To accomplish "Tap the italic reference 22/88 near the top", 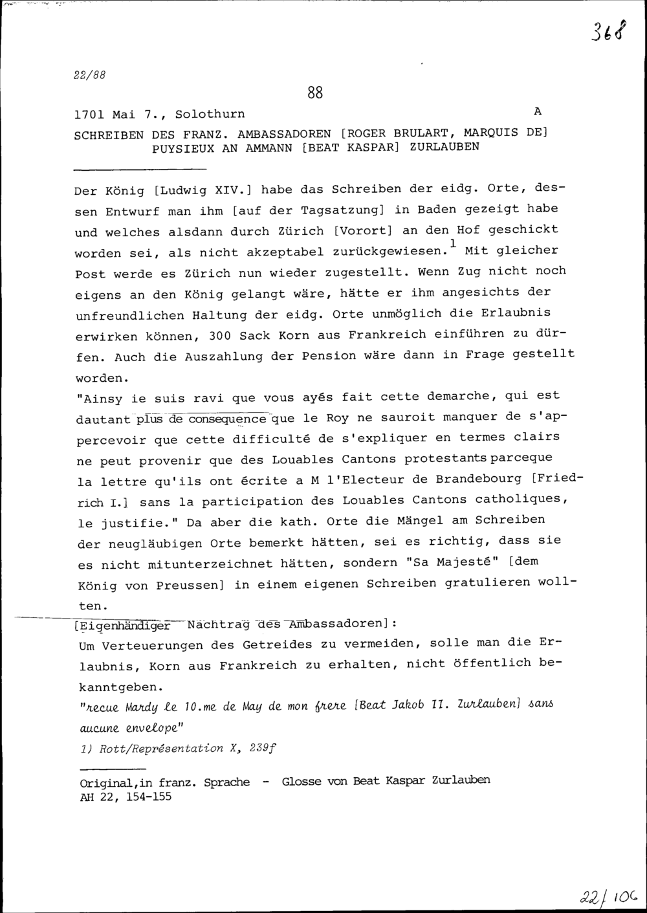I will coord(90,74).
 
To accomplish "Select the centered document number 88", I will coord(315,93).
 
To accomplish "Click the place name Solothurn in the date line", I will coord(210,115).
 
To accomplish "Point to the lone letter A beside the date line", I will coord(537,111).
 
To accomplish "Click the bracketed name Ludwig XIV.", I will coord(203,190).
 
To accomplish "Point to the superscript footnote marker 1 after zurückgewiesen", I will coord(453,243).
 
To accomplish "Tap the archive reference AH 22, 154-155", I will coord(126,797).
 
